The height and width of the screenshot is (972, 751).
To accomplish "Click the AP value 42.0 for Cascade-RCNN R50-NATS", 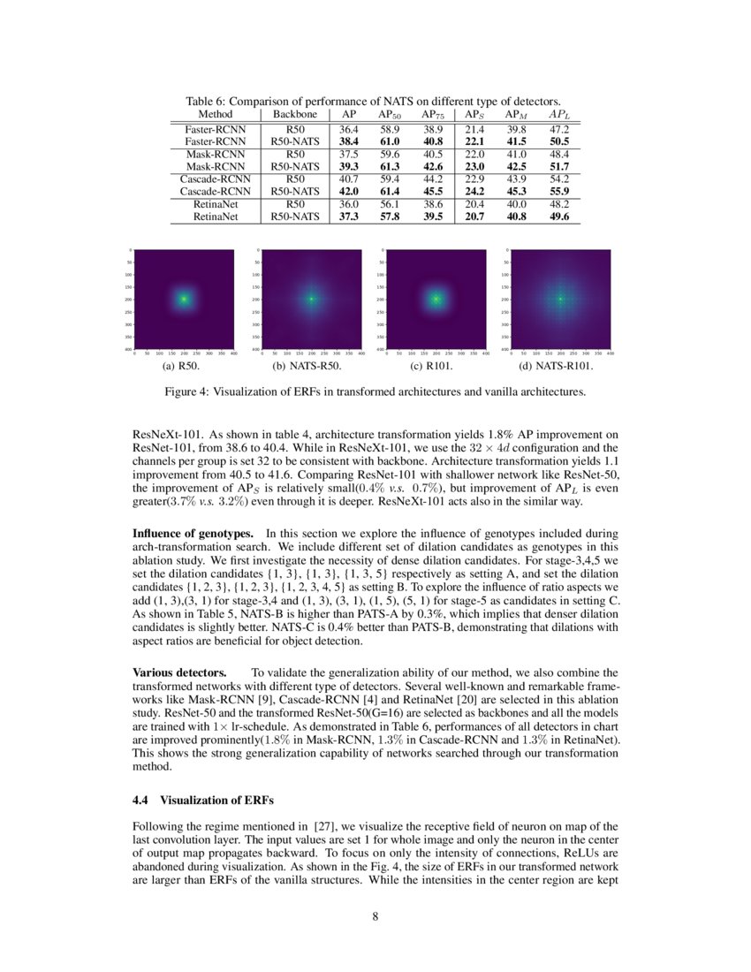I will point(349,191).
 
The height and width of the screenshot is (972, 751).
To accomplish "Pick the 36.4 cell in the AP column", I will point(349,129).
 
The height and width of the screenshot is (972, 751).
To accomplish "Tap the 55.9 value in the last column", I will point(559,191).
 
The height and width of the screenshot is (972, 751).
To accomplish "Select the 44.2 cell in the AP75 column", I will point(432,178).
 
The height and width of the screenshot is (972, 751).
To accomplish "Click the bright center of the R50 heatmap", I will point(183,300).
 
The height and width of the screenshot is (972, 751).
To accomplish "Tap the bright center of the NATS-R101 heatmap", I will point(560,300).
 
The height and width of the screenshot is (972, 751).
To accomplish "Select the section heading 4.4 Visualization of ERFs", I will point(203,801).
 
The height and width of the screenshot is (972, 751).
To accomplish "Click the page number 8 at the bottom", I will point(375,915).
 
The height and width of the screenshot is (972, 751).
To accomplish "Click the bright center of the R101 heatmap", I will point(435,300).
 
